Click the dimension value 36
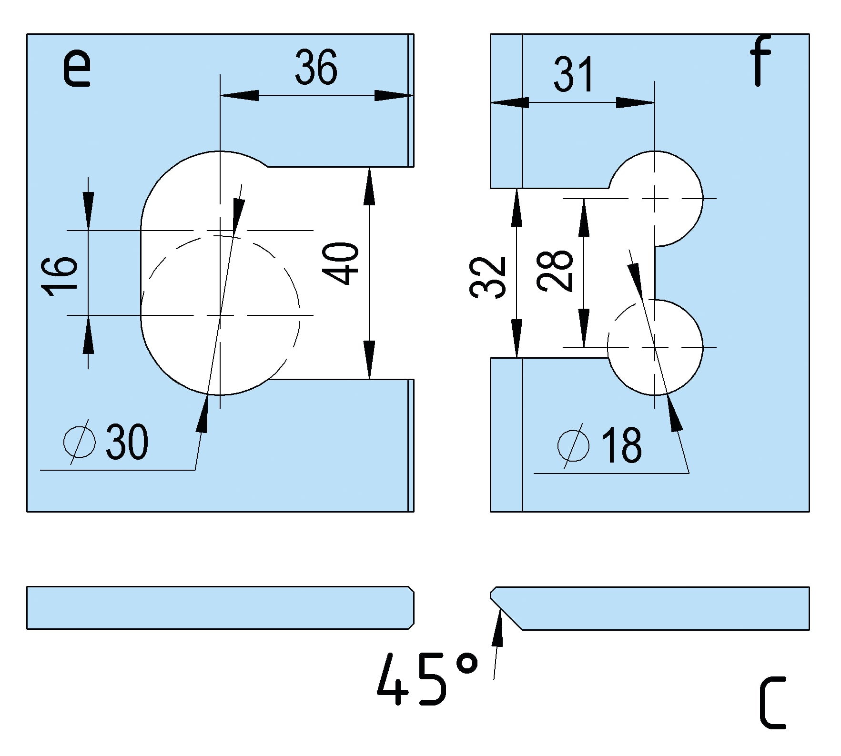pyautogui.click(x=316, y=67)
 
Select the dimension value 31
pyautogui.click(x=573, y=74)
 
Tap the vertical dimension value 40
pyautogui.click(x=341, y=263)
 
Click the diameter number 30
pyautogui.click(x=127, y=443)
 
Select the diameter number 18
pyautogui.click(x=621, y=445)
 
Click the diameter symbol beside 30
pyautogui.click(x=80, y=442)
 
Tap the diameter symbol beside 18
pyautogui.click(x=573, y=445)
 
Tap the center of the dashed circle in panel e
pyautogui.click(x=220, y=315)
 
